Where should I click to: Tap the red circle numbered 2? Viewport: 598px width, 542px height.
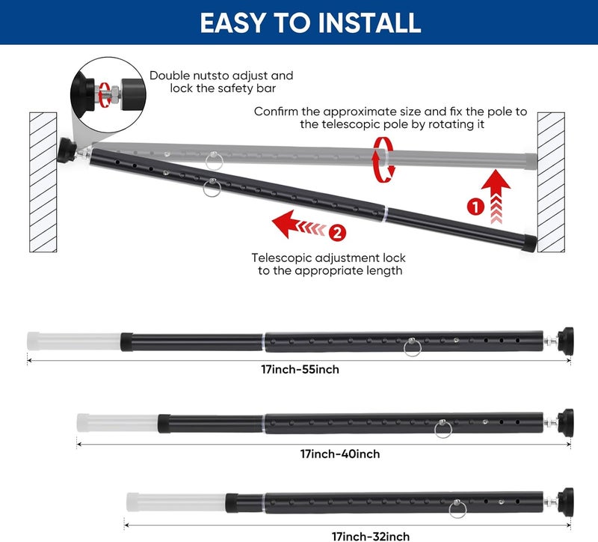[337, 234]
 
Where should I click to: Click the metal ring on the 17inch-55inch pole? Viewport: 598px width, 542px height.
[412, 347]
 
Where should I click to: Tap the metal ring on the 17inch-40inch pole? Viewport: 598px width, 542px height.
[443, 430]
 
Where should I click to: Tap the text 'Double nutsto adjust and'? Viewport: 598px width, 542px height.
[221, 76]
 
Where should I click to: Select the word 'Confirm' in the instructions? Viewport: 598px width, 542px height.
[278, 112]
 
